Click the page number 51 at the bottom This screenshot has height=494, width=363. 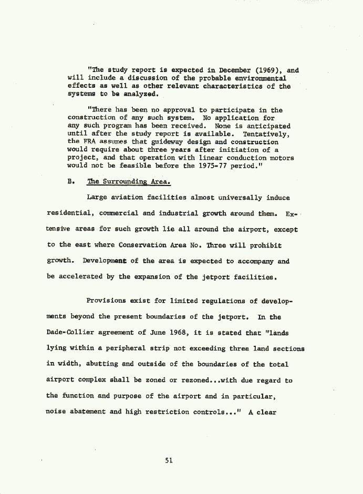[169, 460]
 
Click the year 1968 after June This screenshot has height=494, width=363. [168, 333]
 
